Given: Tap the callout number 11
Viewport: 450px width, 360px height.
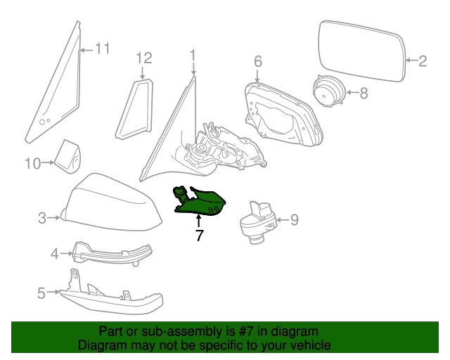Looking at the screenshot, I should click(103, 49).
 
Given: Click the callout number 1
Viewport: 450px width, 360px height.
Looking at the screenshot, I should click(193, 55).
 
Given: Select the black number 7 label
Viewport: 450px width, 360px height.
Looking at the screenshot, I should click(200, 236).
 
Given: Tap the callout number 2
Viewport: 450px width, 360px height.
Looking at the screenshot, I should click(423, 61).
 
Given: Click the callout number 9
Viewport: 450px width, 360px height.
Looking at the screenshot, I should click(294, 220).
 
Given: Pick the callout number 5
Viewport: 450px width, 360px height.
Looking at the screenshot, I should click(41, 292).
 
